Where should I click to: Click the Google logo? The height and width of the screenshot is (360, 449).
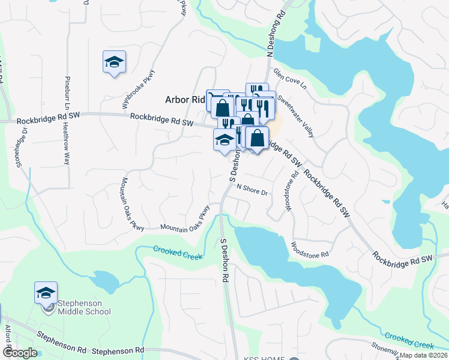(x=20, y=353)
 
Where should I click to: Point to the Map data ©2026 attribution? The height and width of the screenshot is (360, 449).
(x=424, y=355)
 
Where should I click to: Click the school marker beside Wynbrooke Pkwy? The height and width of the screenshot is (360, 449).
(x=113, y=62)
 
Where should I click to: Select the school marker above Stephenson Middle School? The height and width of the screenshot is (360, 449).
(x=46, y=293)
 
